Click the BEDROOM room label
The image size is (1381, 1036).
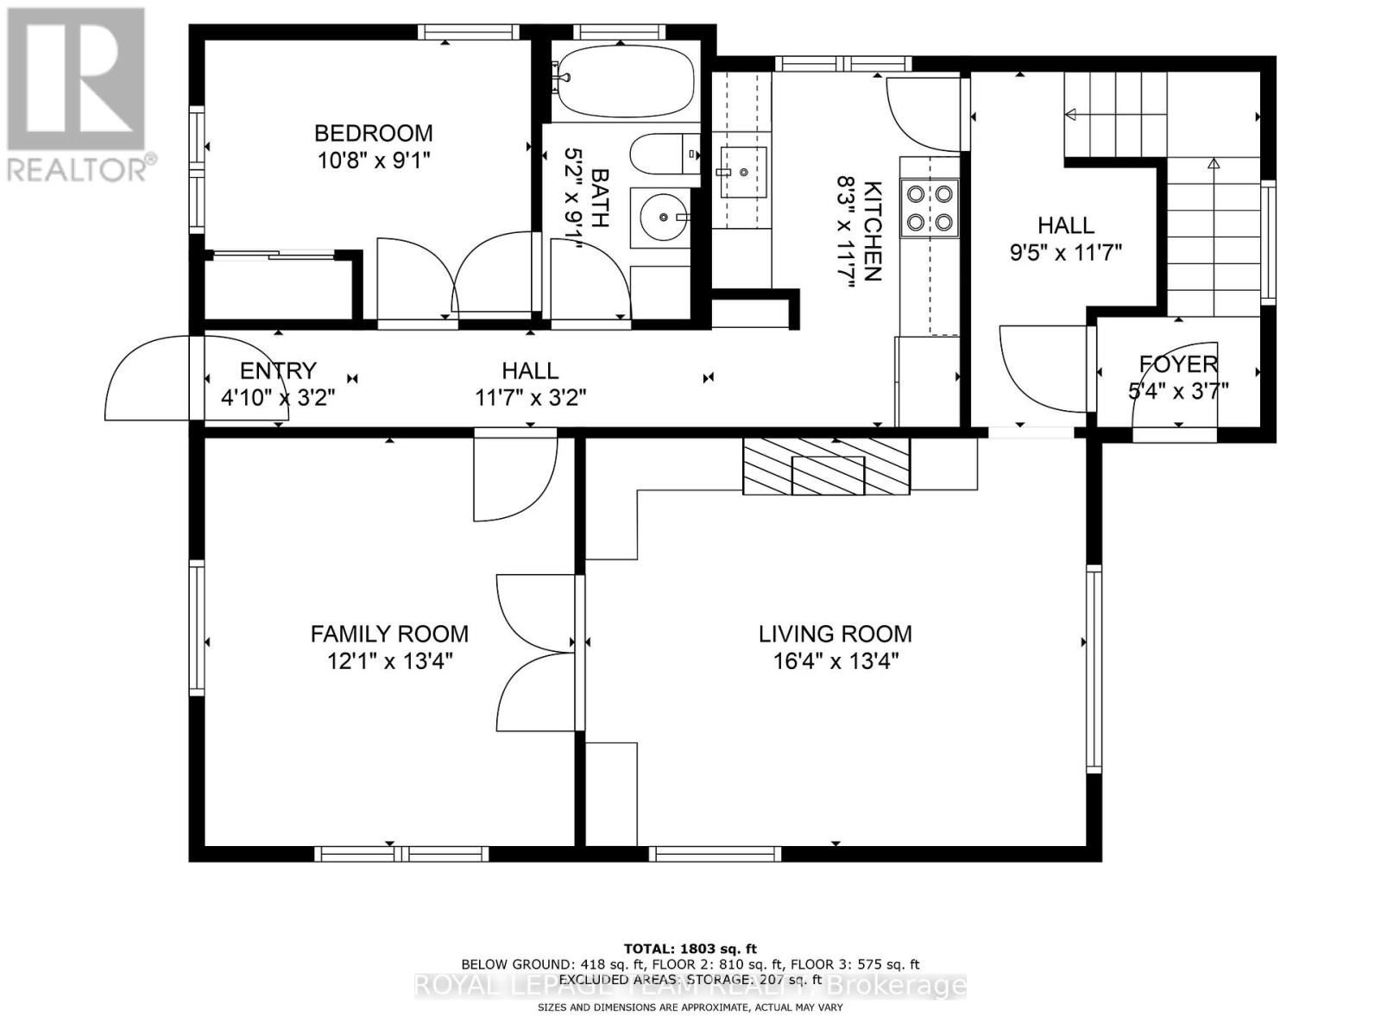373,133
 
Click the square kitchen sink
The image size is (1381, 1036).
742,172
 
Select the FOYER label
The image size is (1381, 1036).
1178,363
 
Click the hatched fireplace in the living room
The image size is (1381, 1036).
826,466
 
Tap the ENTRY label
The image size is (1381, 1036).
278,370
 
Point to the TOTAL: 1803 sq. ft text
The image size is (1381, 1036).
690,949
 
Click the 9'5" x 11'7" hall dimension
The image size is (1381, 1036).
1065,253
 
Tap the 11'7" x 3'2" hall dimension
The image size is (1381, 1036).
530,398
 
